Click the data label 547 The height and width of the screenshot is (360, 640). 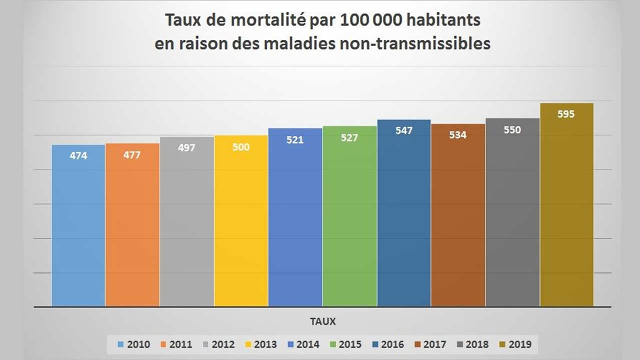(404, 130)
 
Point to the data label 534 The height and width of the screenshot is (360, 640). (457, 135)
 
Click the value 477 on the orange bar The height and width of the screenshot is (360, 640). (132, 155)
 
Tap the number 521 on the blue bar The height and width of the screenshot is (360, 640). (295, 140)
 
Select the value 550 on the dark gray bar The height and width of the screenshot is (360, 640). (512, 130)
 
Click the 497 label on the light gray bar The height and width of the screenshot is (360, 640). (186, 148)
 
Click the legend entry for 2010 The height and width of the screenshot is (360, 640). (133, 344)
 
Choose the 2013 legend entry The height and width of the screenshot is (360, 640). (260, 344)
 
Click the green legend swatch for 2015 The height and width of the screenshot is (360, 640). (333, 344)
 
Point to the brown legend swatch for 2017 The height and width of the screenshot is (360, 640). (417, 344)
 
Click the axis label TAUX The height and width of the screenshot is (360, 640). (321, 321)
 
